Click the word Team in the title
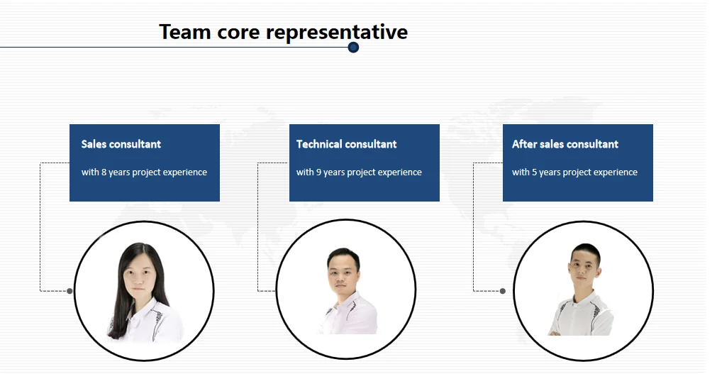(184, 32)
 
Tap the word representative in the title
(337, 33)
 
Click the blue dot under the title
(353, 47)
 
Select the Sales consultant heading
(121, 144)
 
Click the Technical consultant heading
(347, 144)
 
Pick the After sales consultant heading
(565, 144)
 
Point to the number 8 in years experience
(104, 172)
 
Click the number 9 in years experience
(318, 172)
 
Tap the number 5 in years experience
(535, 172)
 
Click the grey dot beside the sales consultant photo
(70, 291)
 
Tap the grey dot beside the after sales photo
(503, 291)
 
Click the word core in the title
(238, 33)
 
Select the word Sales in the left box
(94, 144)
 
